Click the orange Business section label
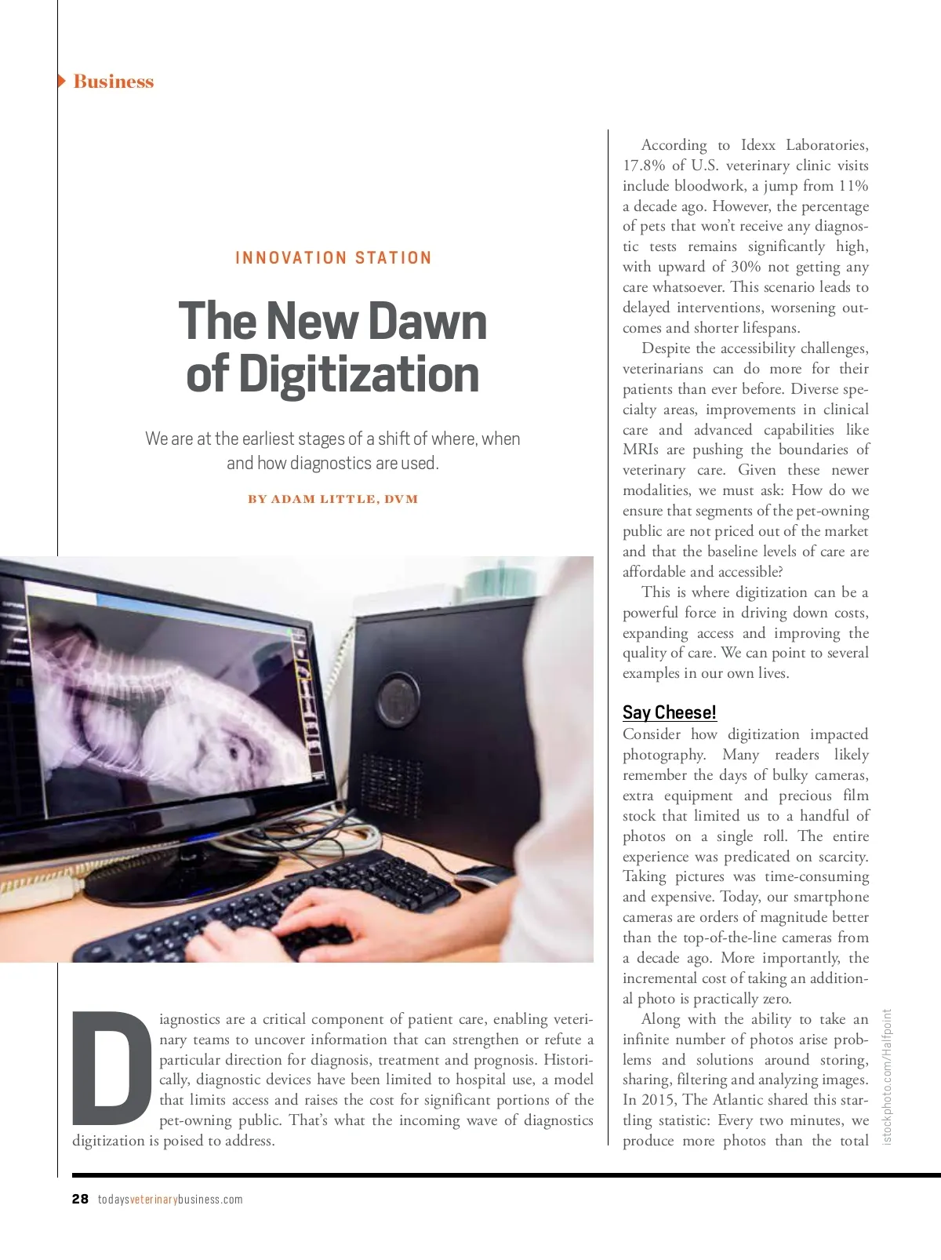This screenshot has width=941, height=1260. [113, 82]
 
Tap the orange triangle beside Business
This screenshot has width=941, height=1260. [61, 81]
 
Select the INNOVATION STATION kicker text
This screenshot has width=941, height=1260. [333, 258]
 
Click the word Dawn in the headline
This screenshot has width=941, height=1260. [427, 322]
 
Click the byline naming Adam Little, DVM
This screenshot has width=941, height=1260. [332, 499]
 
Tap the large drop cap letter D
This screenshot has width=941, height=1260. [111, 1067]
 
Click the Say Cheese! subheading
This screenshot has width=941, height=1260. [669, 712]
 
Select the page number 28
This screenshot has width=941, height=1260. [80, 1199]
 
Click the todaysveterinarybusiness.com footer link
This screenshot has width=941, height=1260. [170, 1199]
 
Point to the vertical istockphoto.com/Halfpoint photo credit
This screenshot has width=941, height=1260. [887, 1076]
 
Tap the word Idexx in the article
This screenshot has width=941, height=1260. [758, 145]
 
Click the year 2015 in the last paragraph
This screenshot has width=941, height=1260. [659, 1100]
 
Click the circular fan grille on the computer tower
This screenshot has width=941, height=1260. [398, 697]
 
